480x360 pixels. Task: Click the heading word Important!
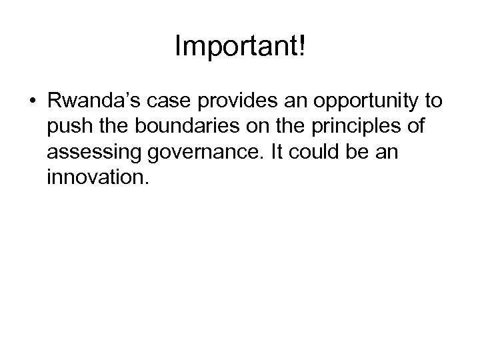(240, 46)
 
